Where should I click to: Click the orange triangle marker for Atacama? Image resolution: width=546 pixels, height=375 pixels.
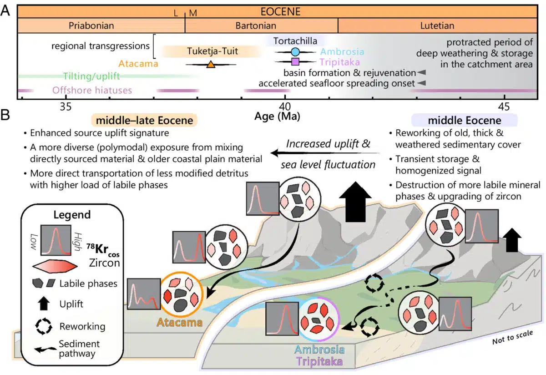point(211,65)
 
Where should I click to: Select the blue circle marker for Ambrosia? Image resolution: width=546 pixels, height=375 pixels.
point(295,52)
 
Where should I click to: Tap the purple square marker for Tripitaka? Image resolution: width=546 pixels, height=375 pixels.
point(295,61)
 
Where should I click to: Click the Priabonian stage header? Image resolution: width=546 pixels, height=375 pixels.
point(91,26)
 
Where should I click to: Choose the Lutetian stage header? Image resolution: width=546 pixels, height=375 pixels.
point(437,26)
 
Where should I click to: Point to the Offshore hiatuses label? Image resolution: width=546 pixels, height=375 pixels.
point(92,90)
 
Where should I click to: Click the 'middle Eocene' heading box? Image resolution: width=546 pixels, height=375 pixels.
point(465,121)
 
